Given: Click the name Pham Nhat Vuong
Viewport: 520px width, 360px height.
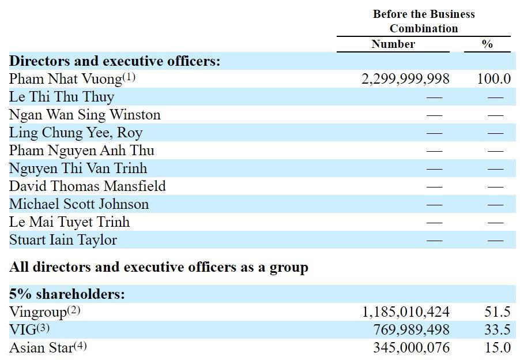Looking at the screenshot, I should click(65, 79).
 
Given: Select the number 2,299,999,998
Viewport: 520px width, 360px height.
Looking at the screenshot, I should click(405, 79).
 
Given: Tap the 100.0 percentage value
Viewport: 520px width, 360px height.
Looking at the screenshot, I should click(493, 79).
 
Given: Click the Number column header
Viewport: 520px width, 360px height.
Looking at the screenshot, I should click(393, 44).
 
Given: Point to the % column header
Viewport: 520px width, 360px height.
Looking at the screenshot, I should click(487, 44).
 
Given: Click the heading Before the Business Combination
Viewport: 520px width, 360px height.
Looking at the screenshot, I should click(424, 21).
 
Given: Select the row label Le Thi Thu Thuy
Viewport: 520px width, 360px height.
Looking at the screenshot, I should click(62, 97).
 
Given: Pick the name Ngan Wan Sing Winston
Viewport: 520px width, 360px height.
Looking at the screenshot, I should click(85, 115).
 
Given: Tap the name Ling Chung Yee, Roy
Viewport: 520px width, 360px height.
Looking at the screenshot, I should click(76, 133).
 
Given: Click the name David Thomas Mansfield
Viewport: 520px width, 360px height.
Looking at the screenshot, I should click(88, 186).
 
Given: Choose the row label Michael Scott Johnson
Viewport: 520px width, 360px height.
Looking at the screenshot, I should click(79, 204).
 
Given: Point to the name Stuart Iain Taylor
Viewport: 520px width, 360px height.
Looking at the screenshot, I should click(63, 240).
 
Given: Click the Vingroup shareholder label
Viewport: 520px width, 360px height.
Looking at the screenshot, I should click(38, 312).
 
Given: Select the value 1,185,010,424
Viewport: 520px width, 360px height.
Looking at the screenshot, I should click(406, 312).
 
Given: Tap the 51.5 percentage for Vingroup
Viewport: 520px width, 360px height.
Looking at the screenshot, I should click(498, 312).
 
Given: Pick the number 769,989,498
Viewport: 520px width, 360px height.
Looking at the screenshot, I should click(411, 330).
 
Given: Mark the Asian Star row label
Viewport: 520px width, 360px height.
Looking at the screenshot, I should click(41, 348).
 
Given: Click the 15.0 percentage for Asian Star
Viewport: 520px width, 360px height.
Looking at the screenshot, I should click(498, 348).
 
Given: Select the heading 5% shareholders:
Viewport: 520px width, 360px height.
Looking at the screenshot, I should click(67, 294).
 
